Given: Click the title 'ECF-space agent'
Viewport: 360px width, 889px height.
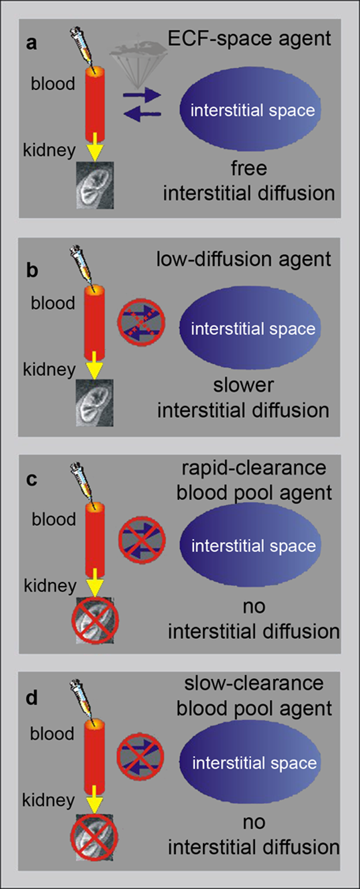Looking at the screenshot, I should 249,39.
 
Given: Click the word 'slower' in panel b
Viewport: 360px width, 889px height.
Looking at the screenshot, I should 243,385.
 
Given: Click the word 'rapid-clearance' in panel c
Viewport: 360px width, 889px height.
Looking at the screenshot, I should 255,468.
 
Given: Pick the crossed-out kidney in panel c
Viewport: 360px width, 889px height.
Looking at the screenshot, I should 94,624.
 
